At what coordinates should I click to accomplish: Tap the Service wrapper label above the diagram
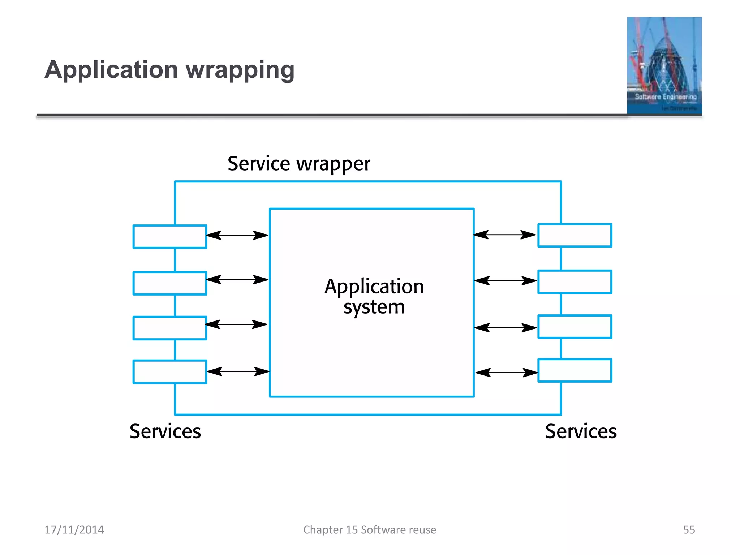coord(299,164)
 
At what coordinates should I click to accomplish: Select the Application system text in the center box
coord(374,296)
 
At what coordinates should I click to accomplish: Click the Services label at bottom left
coord(165,431)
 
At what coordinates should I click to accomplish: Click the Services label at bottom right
coord(581,431)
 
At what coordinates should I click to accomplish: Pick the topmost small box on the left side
coord(170,237)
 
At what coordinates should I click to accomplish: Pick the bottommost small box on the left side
coord(170,371)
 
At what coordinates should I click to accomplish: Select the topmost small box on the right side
coord(575,235)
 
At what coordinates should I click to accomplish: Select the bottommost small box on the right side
coord(575,370)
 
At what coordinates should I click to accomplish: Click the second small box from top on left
coord(170,283)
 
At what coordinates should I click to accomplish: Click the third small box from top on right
coord(575,327)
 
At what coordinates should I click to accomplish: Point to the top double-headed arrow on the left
coord(237,235)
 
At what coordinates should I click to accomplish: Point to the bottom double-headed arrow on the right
coord(506,373)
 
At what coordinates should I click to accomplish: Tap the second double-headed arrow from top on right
coord(505,280)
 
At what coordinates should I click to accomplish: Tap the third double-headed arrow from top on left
coord(236,324)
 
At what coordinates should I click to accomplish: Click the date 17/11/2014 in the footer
coord(74,530)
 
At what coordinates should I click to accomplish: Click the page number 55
coord(689,530)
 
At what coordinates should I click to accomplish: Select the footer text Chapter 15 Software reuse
coord(370,530)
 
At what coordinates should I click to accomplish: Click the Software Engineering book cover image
coord(664,66)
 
